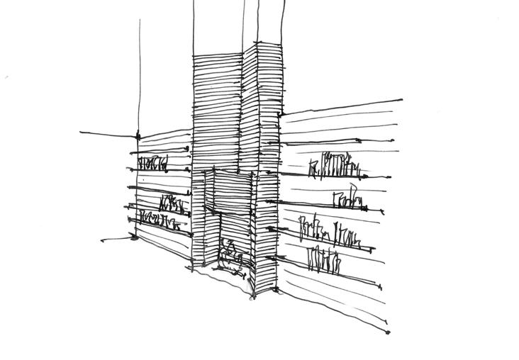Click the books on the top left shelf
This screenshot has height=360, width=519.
[153, 163]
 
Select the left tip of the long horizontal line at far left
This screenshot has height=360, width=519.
[81, 133]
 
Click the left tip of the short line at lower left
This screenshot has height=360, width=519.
[102, 240]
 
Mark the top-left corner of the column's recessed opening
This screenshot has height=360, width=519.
[205, 171]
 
